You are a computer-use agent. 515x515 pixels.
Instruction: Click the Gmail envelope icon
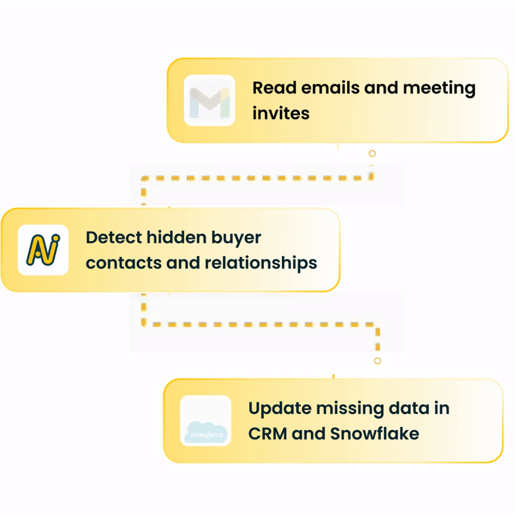tap(209, 100)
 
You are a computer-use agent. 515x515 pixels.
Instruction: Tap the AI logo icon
tap(43, 250)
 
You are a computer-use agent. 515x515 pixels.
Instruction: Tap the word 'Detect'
tap(113, 237)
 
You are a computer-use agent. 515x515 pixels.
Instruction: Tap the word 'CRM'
tap(267, 433)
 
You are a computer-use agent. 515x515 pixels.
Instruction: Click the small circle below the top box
tap(372, 154)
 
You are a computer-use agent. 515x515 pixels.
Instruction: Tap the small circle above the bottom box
tap(377, 361)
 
